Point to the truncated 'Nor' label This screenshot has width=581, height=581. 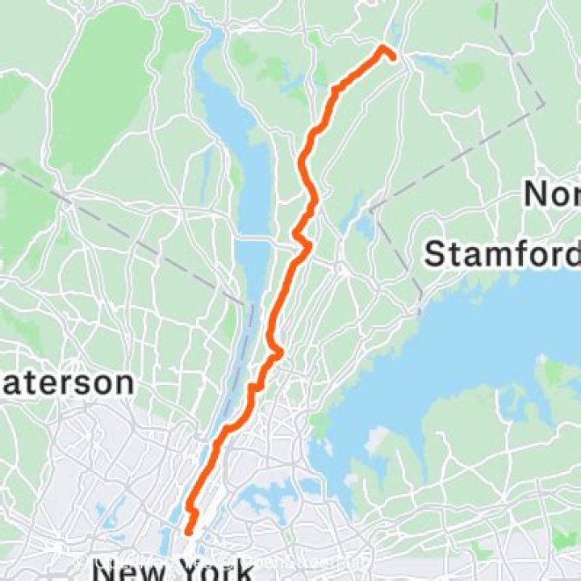553,194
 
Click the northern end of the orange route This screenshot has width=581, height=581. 382,48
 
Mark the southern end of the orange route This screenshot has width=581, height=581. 188,532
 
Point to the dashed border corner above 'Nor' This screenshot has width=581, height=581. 543,104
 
